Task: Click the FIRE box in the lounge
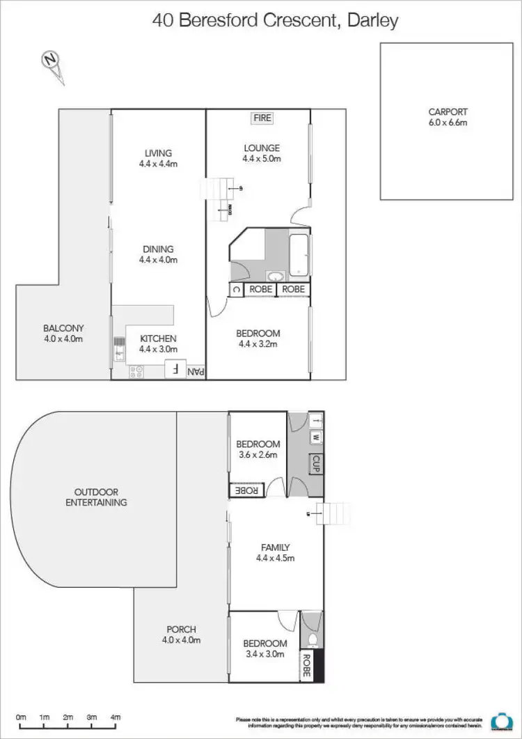tap(262, 118)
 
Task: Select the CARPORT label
tap(448, 111)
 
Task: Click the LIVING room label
tap(158, 153)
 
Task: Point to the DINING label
tap(158, 249)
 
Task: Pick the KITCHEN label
tap(158, 339)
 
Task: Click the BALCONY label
tap(63, 328)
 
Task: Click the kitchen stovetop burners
tap(136, 373)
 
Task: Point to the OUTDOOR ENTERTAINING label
tap(96, 497)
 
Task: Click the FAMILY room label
tap(276, 547)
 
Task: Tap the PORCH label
tap(180, 629)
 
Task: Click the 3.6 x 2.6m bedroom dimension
tap(258, 456)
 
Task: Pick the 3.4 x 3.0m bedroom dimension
tap(265, 655)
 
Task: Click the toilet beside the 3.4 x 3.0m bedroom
tap(312, 639)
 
